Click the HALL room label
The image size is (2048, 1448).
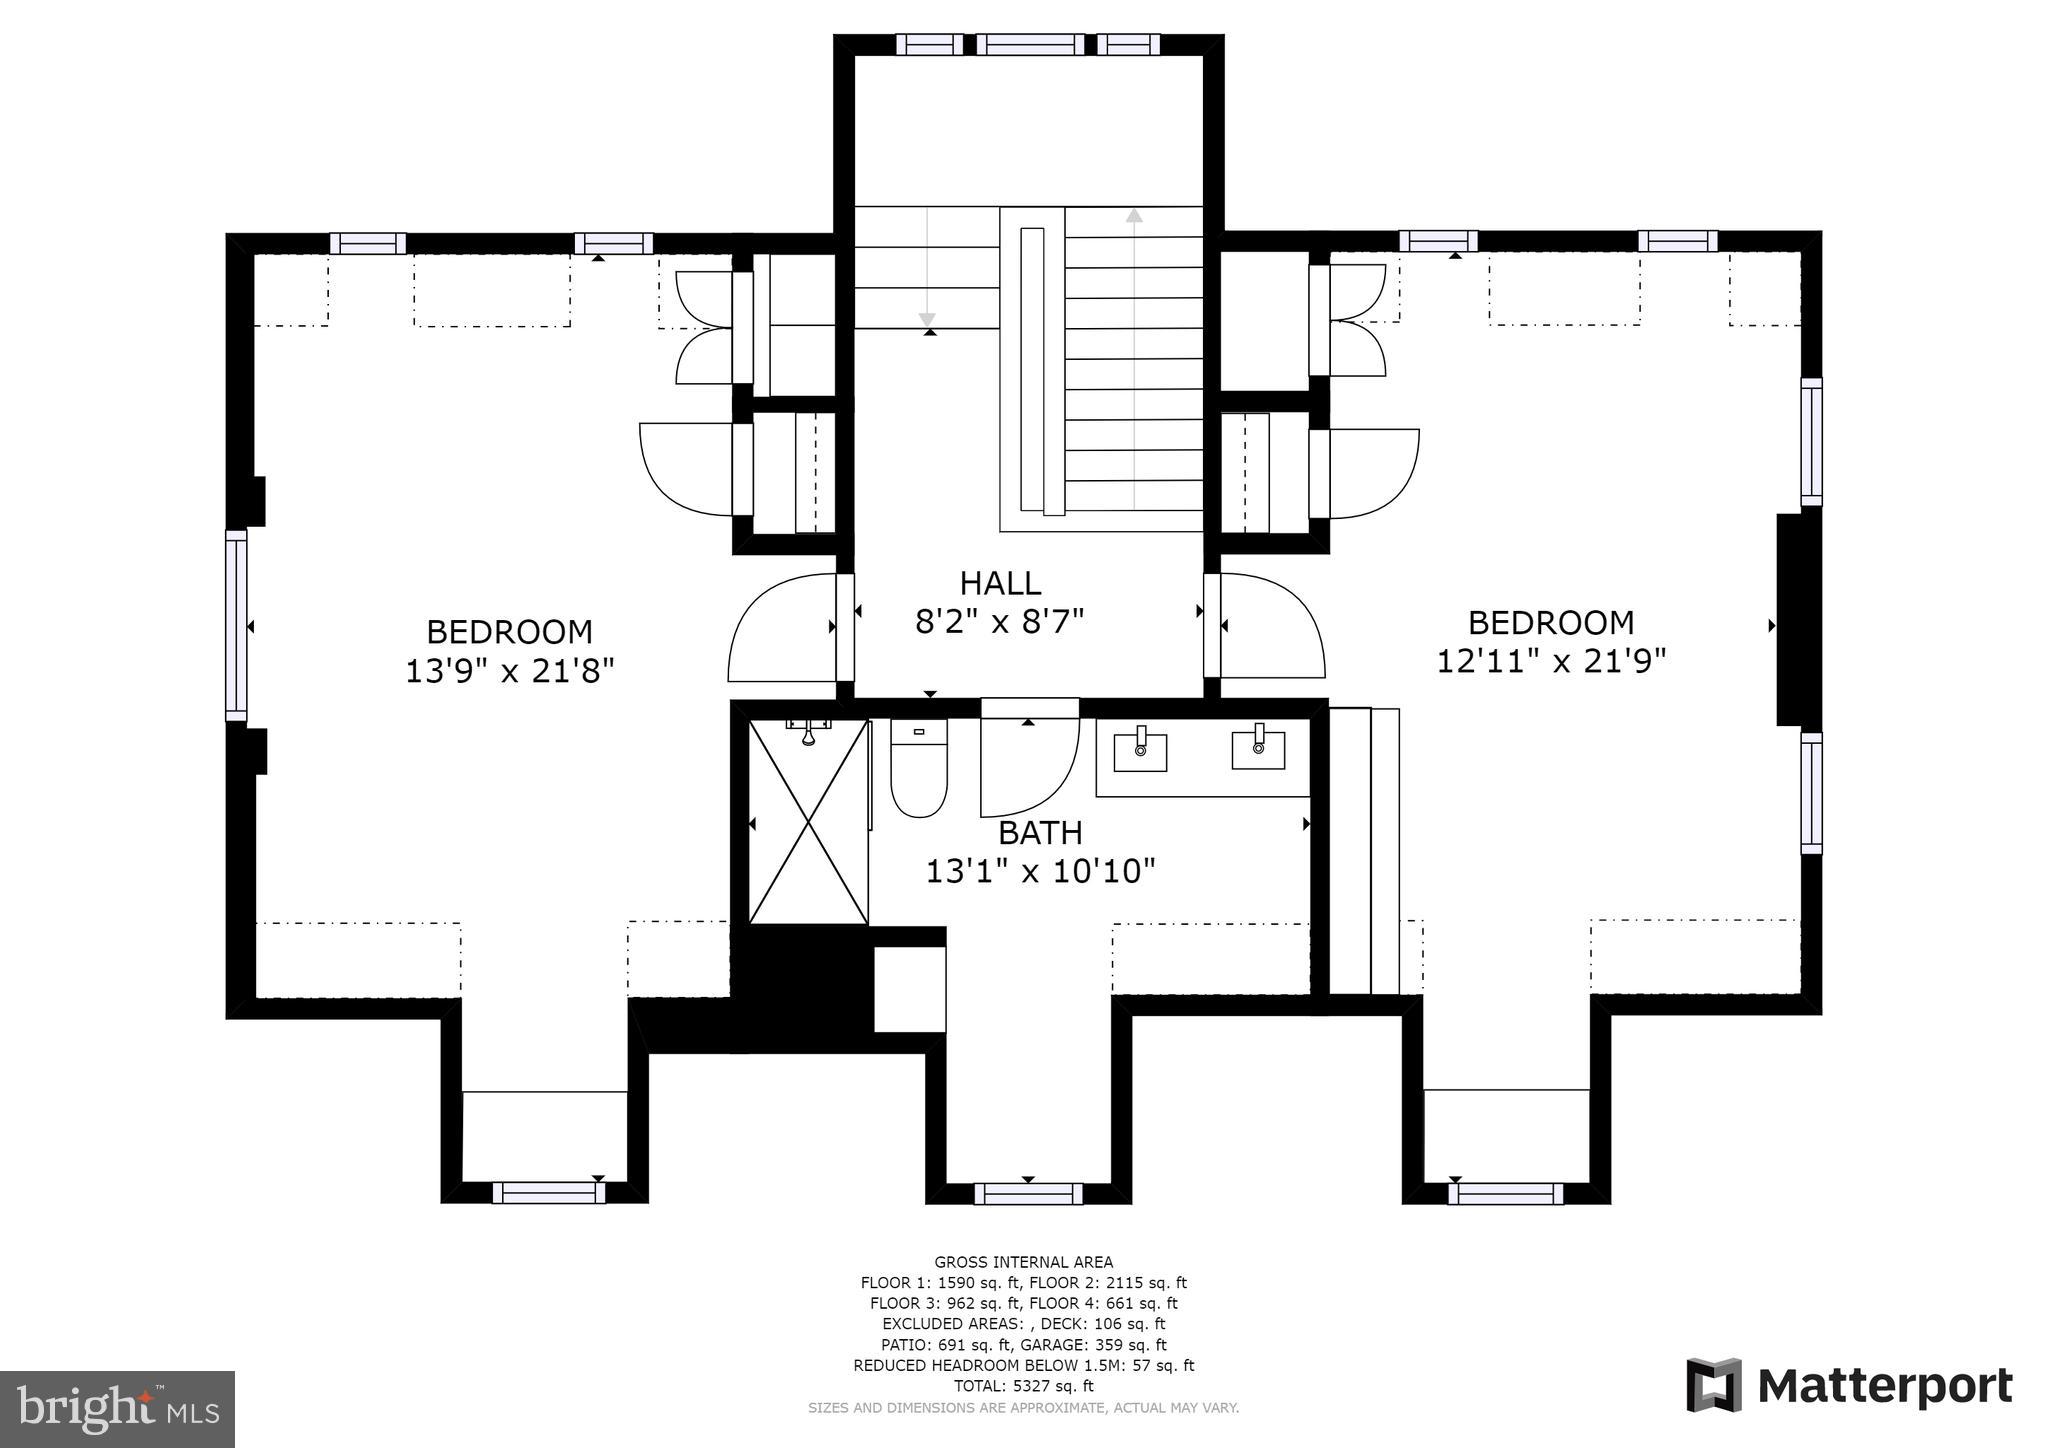1000,583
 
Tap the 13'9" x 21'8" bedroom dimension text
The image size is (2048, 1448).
509,670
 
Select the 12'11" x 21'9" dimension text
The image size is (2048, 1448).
1551,661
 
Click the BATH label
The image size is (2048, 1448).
1040,832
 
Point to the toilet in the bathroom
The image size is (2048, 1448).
918,770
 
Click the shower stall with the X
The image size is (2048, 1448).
808,822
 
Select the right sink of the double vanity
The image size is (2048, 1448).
1258,748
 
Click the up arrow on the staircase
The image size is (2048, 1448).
1134,216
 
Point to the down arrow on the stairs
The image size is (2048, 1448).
927,317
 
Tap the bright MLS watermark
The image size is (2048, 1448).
117,1408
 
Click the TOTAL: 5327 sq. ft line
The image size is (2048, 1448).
1023,1386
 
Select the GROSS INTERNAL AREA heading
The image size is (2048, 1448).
1023,1262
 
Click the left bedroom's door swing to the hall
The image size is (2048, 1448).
783,628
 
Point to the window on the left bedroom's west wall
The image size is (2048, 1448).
236,625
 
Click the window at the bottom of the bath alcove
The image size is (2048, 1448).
1028,1193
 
